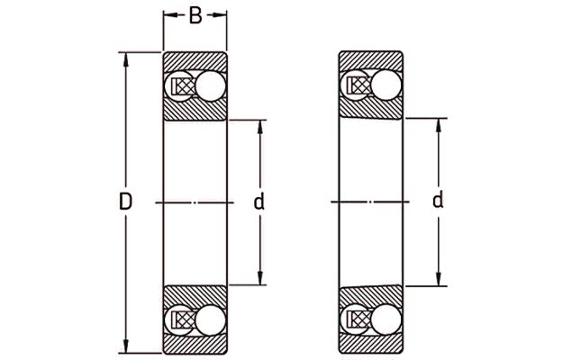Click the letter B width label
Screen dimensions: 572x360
(x=195, y=15)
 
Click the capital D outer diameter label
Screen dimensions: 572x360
(x=125, y=202)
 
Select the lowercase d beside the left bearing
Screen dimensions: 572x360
(x=259, y=202)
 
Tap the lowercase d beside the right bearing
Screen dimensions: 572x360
(x=438, y=200)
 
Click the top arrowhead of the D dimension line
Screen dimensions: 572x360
(x=126, y=59)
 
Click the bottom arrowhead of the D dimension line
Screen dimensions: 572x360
(x=126, y=346)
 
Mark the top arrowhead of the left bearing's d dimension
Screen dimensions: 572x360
(x=260, y=127)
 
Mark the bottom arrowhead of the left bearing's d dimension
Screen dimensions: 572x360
(x=260, y=278)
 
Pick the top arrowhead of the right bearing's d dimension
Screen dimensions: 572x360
(x=439, y=125)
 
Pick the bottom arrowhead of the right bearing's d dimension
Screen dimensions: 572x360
(x=439, y=279)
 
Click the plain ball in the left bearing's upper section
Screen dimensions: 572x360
(x=211, y=86)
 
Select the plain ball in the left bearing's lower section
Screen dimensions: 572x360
(x=211, y=320)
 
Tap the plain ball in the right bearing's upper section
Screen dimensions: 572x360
(x=386, y=85)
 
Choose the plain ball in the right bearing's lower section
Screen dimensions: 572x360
(x=386, y=319)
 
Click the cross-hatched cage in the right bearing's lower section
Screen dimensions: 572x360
(x=359, y=319)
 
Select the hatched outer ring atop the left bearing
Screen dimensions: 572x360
(x=195, y=62)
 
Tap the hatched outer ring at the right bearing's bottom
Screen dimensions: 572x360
(x=371, y=343)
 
